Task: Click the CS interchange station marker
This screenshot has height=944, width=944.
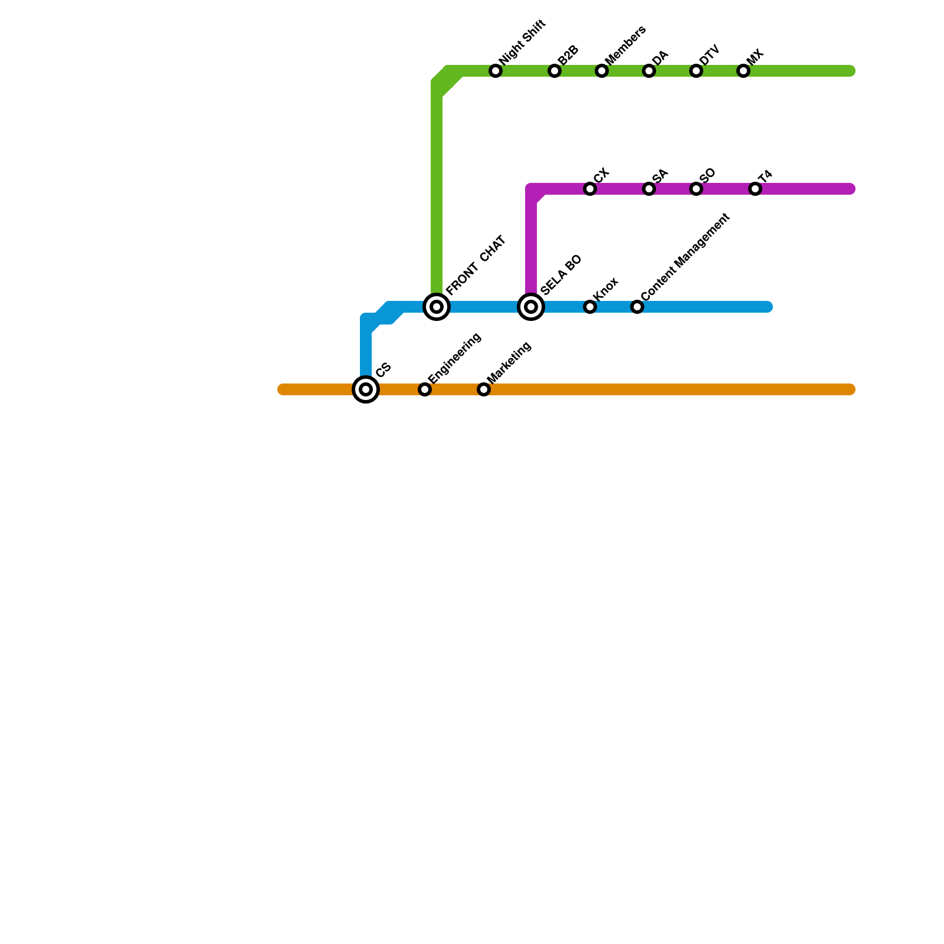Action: [x=366, y=389]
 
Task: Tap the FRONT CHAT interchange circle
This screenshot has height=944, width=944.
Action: [x=437, y=307]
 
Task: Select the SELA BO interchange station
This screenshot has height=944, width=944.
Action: [x=531, y=307]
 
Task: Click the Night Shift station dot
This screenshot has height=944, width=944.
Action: [x=496, y=71]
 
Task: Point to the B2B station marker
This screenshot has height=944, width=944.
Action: [x=555, y=71]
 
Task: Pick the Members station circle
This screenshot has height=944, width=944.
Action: [x=602, y=71]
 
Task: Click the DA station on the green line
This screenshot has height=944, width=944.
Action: [x=649, y=71]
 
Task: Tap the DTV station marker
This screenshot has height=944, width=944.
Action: [x=696, y=71]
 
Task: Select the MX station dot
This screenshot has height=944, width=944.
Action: [x=743, y=71]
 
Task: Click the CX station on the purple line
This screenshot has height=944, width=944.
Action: [x=590, y=189]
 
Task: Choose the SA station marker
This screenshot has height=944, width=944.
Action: [x=649, y=189]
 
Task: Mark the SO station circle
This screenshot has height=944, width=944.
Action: [x=696, y=189]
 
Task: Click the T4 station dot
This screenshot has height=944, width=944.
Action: [x=755, y=189]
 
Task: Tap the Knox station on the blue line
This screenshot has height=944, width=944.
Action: [x=590, y=307]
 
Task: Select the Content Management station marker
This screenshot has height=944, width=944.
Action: [x=637, y=307]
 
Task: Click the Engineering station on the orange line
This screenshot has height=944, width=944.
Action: [x=425, y=389]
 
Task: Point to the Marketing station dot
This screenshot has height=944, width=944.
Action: [x=484, y=389]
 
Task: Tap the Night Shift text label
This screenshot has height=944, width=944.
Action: [x=523, y=42]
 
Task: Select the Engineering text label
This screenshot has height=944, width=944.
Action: [x=454, y=358]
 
